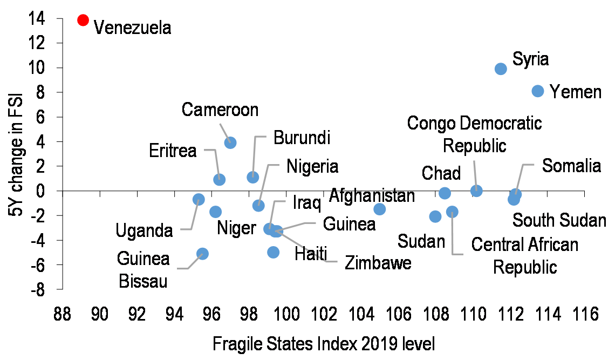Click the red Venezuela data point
tap(83, 20)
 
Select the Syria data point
tap(501, 69)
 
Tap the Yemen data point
tap(538, 91)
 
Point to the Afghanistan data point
tap(380, 209)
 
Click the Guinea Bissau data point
tap(202, 254)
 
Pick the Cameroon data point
tap(230, 142)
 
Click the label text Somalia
tap(571, 165)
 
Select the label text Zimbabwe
tap(378, 263)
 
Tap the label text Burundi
tap(302, 137)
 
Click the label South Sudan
tap(559, 220)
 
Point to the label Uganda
tap(144, 231)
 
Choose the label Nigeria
tap(312, 166)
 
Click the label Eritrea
tap(173, 151)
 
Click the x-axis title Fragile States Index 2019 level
tap(324, 344)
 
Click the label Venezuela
tap(132, 28)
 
